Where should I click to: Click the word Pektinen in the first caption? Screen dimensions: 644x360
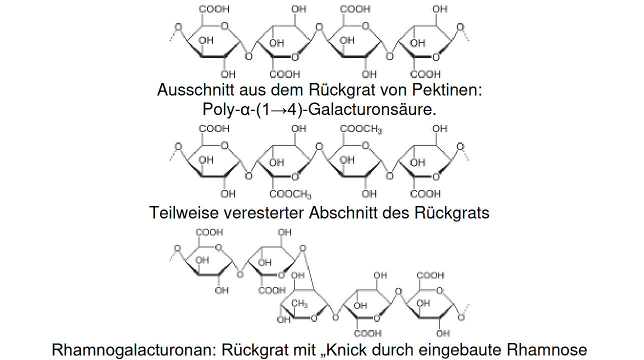[x=447, y=89]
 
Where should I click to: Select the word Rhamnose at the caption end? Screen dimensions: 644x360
[x=546, y=349]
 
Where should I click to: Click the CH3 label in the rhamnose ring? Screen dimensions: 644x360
[x=299, y=303]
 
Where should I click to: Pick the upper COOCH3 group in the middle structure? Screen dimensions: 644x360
[x=361, y=129]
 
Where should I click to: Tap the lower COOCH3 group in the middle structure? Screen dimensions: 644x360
[x=290, y=194]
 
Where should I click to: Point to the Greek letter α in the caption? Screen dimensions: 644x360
[x=245, y=110]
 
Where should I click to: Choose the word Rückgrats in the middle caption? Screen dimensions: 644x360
[x=451, y=213]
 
